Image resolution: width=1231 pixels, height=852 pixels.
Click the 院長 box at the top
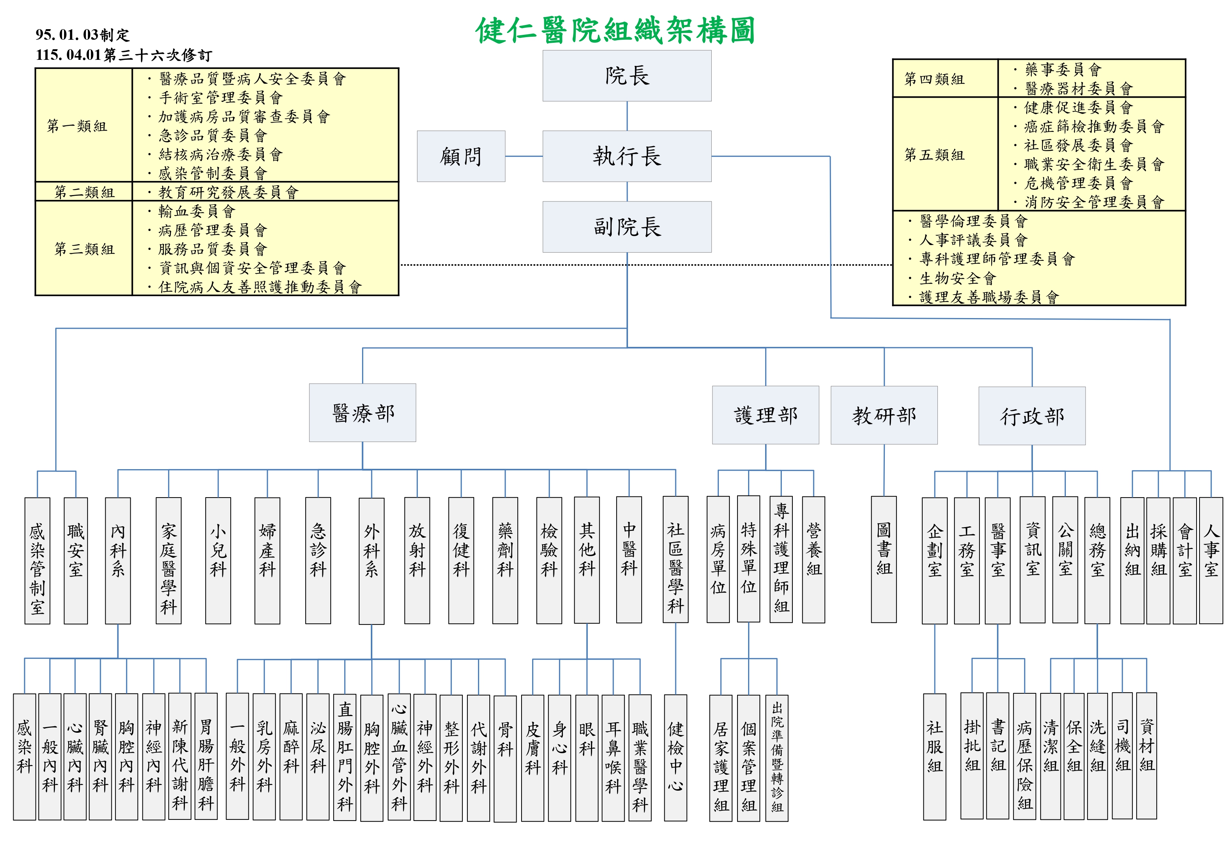click(627, 76)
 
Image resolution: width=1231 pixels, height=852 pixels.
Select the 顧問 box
click(461, 156)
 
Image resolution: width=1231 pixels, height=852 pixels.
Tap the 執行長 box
click(627, 156)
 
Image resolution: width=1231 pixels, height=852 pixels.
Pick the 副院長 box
click(627, 227)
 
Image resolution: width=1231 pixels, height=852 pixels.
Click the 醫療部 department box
click(362, 413)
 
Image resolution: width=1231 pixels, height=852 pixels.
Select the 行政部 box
click(1031, 416)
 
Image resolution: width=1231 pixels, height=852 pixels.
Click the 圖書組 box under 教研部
click(884, 559)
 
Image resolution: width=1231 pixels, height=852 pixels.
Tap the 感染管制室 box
click(37, 560)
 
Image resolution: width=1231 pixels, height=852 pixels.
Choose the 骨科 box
click(505, 758)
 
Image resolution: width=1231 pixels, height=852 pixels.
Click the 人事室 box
click(1211, 560)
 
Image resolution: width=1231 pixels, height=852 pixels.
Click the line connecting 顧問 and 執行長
click(524, 156)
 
